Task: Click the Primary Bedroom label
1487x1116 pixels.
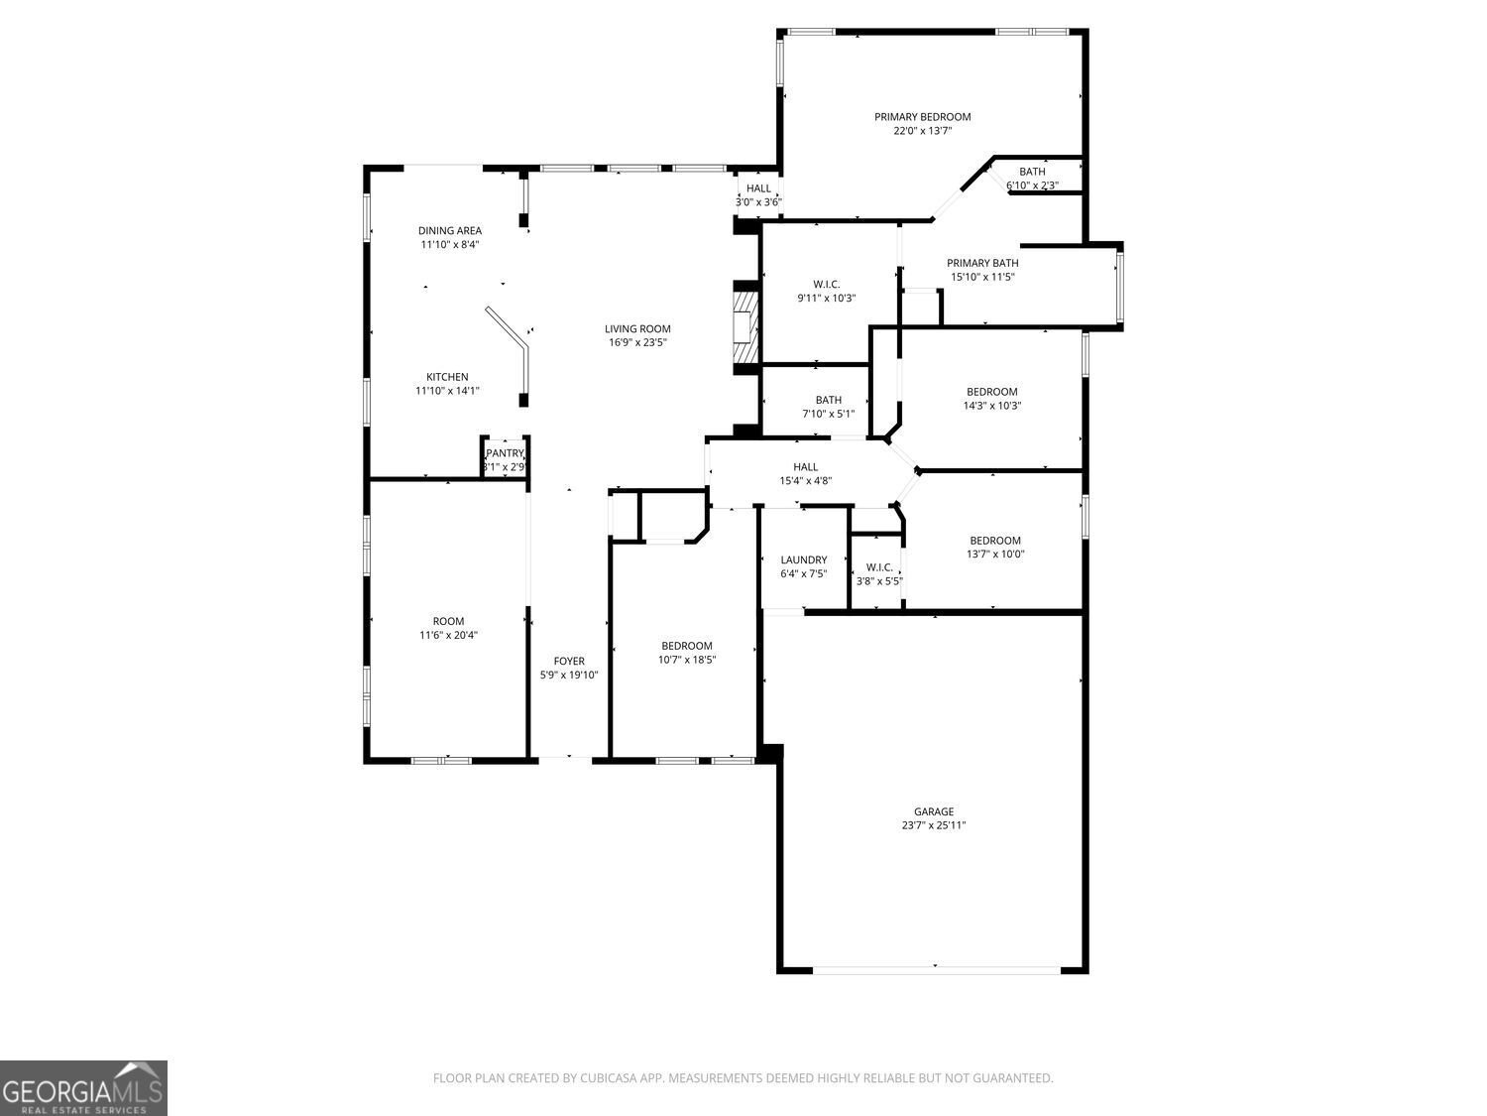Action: point(922,117)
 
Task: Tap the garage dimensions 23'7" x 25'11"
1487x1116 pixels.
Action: point(933,825)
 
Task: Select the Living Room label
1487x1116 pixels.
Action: point(637,329)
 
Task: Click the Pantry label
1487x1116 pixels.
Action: point(505,453)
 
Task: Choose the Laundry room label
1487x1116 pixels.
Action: point(803,560)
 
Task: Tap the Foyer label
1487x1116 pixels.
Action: point(569,662)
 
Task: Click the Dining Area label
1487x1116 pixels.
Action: point(449,231)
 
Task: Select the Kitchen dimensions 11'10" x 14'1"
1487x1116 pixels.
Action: point(447,391)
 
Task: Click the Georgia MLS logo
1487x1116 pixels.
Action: point(83,1088)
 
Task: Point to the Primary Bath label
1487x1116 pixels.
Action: point(982,264)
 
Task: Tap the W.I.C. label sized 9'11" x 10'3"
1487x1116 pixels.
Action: point(826,285)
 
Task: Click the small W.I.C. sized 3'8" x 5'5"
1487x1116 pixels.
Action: point(879,568)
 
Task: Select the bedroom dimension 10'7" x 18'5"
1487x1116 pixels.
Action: point(687,660)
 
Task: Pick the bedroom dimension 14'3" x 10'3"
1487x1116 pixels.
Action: point(991,406)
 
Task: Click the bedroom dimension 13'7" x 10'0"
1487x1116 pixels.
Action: point(994,555)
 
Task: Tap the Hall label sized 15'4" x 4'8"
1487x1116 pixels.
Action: point(805,467)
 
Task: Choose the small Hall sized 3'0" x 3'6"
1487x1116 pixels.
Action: point(758,188)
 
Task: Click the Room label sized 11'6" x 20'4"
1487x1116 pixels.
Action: point(448,622)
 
